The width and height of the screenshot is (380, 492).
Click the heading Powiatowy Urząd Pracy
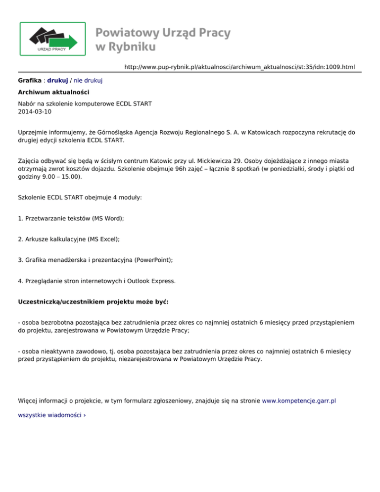[163, 33]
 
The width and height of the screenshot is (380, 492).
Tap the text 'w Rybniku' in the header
[126, 47]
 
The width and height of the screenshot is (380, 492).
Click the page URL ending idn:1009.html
[239, 66]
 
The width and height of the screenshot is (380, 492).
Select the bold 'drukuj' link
[57, 80]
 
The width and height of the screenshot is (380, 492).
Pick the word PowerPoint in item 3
[151, 259]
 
